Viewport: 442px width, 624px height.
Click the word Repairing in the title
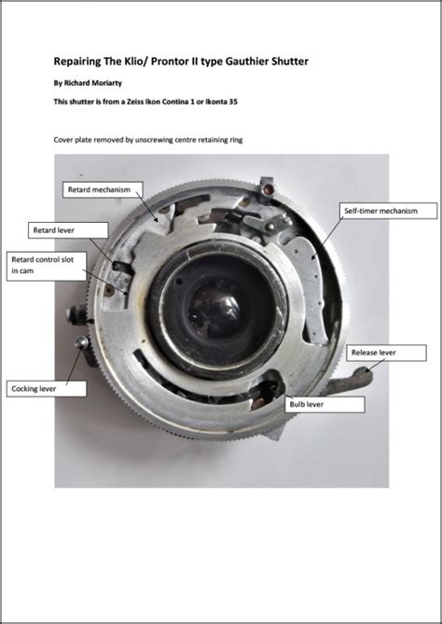79,62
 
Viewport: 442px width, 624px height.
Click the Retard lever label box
54,229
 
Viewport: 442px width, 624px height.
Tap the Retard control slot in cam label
43,264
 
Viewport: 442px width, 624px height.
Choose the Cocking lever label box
47,387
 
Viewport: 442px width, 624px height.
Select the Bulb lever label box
323,405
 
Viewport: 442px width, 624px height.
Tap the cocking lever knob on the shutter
82,344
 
